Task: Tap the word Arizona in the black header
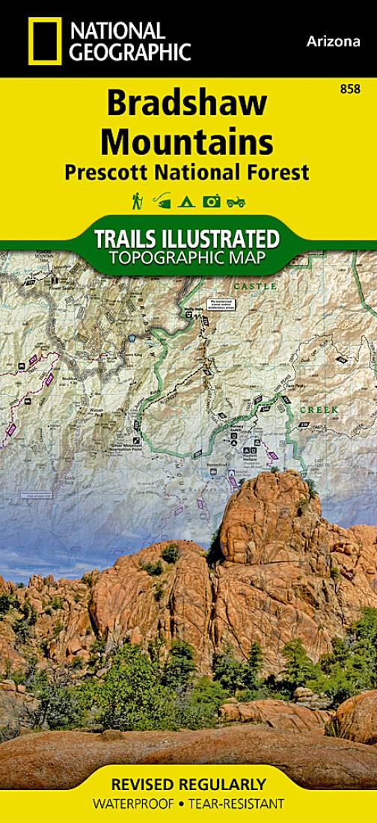[x=333, y=42]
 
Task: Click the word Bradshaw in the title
[x=187, y=105]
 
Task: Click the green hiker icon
[x=138, y=201]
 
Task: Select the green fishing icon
[x=161, y=201]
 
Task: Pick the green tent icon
[x=188, y=201]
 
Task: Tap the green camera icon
[x=212, y=201]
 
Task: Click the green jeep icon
[x=236, y=201]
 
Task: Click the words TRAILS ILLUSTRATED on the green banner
[x=187, y=240]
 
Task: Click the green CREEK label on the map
[x=319, y=410]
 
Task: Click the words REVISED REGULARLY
[x=188, y=785]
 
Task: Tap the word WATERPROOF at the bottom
[x=131, y=804]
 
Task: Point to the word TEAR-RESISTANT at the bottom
[x=239, y=804]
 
